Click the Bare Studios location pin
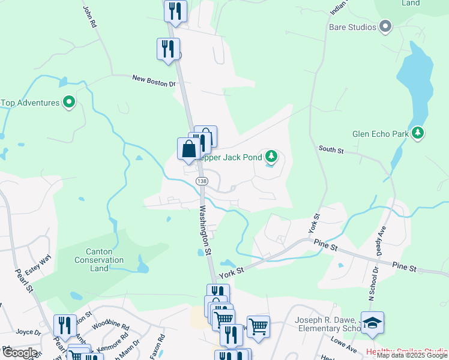385,26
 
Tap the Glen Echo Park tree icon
418,133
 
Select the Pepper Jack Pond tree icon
272,157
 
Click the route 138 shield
202,181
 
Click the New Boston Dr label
154,80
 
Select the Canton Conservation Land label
99,260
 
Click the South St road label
331,149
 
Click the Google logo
19,352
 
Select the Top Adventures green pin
69,103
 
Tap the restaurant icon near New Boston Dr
168,49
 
